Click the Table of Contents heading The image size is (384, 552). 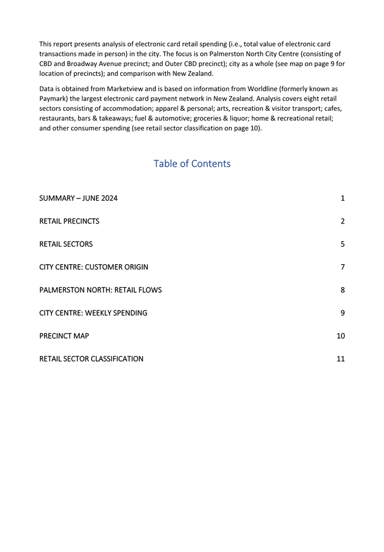point(192,163)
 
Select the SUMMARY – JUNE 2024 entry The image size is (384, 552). point(78,199)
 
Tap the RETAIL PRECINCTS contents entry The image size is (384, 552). point(69,221)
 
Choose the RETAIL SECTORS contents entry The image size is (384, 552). point(65,244)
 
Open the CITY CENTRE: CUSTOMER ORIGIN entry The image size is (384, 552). point(93,267)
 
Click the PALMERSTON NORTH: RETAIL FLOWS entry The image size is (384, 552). point(100,290)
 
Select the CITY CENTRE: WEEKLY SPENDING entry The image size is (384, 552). point(93,312)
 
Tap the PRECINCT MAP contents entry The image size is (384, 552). point(64,336)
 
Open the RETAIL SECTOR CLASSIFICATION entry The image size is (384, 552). point(91,359)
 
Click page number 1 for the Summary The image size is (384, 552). point(342,199)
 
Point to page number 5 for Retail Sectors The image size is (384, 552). point(342,244)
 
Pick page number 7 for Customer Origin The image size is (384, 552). point(342,267)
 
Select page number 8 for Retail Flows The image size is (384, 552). point(342,290)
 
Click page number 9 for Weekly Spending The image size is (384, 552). point(342,312)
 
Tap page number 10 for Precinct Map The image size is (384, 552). point(341,336)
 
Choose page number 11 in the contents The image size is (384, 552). point(341,359)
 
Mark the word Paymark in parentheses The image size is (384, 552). point(54,99)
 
